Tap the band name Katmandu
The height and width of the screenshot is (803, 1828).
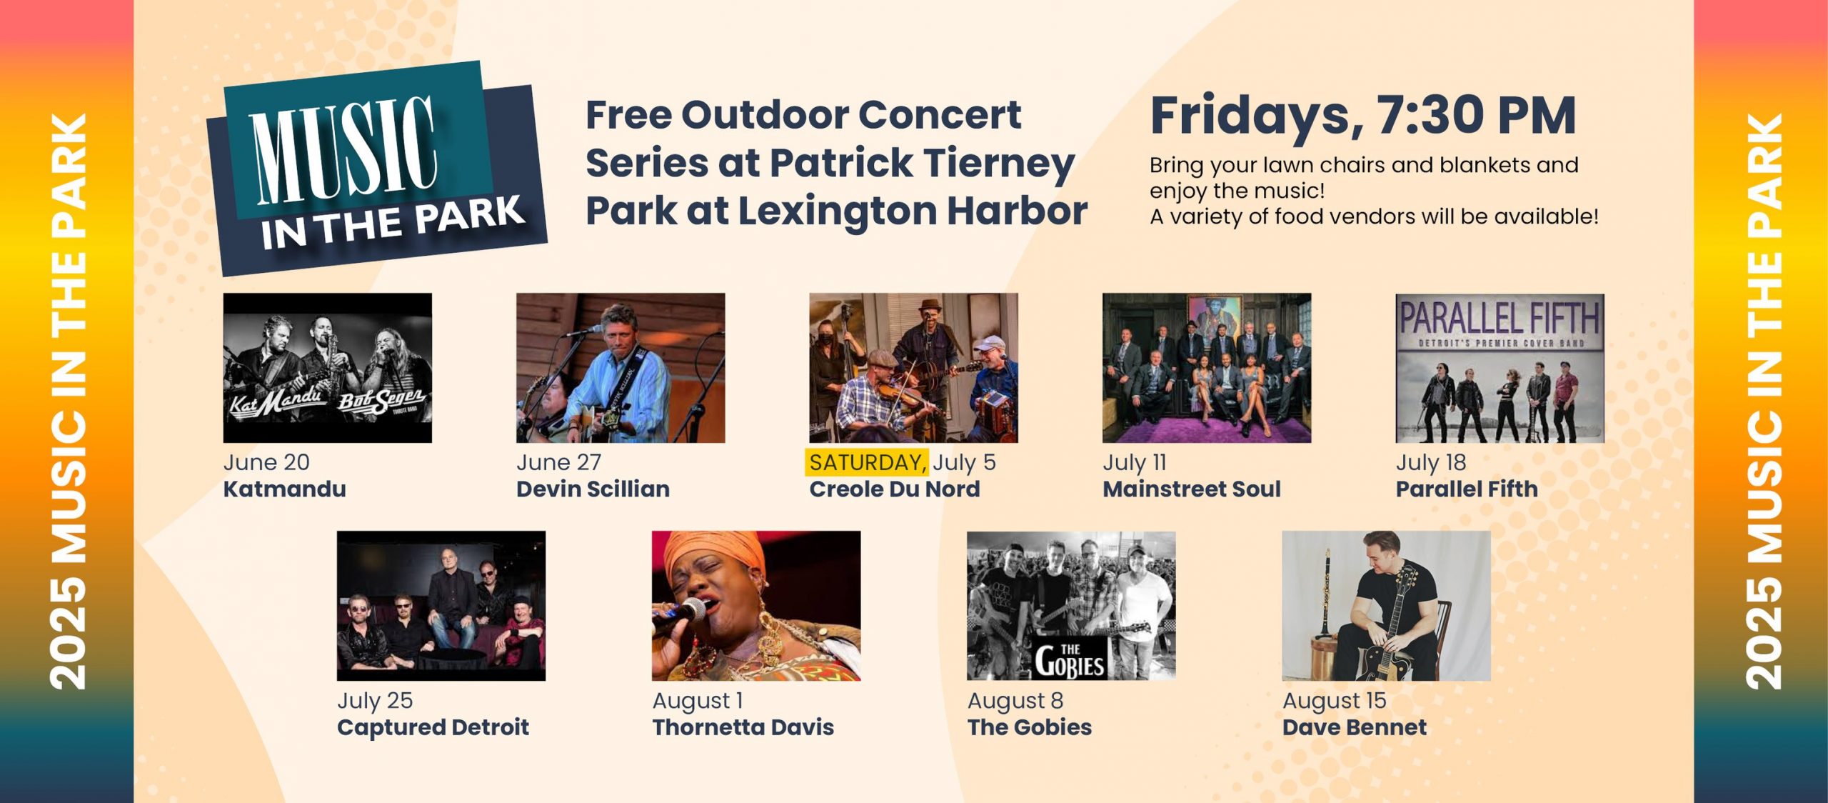point(284,489)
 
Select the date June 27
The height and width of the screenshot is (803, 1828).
point(558,462)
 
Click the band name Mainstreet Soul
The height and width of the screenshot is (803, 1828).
point(1192,489)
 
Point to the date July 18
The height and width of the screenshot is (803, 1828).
point(1431,463)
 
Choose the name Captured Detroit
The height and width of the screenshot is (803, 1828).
point(433,727)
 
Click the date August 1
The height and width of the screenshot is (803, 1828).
point(698,701)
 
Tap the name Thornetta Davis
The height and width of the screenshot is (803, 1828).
point(743,727)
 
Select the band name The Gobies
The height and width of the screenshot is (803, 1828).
point(1030,727)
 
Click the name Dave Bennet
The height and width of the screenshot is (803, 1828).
point(1355,727)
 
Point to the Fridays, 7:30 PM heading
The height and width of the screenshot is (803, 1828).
point(1363,116)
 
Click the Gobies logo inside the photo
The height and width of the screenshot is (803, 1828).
point(1069,659)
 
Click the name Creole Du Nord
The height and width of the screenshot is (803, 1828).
point(894,489)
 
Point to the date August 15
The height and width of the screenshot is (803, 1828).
point(1334,701)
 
